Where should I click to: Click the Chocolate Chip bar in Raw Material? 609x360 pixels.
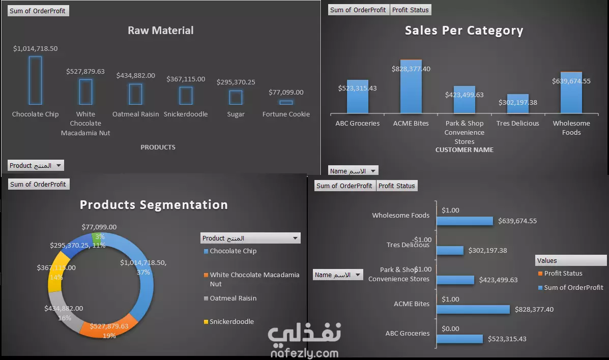[x=35, y=80]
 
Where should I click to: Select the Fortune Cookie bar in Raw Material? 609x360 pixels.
[x=286, y=102]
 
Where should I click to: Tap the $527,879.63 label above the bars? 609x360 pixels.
[x=85, y=72]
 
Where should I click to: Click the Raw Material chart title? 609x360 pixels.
[x=160, y=31]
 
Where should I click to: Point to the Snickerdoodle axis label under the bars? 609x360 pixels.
[x=186, y=114]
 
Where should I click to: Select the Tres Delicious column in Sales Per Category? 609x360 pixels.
[x=517, y=104]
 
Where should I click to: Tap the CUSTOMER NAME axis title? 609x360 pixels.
[x=465, y=150]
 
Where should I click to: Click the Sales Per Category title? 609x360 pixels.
[x=464, y=31]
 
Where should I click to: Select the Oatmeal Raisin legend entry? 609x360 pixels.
[x=233, y=298]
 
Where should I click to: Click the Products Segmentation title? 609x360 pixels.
[x=154, y=205]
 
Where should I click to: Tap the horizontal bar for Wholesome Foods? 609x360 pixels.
[x=465, y=221]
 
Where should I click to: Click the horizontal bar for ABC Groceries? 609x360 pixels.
[x=460, y=339]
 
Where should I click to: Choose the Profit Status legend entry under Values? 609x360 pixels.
[x=563, y=274]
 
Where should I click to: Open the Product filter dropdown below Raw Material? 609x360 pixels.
[x=59, y=166]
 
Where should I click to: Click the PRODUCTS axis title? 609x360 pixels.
[x=158, y=147]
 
